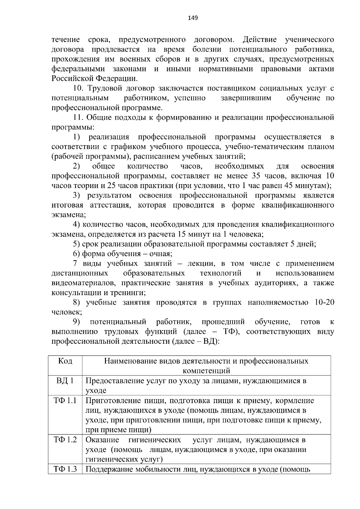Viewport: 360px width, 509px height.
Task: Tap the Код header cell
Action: point(65,361)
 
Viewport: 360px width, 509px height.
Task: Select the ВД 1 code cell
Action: point(65,381)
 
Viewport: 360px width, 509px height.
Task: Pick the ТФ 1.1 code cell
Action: point(65,401)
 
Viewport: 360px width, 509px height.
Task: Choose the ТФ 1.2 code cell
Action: point(65,440)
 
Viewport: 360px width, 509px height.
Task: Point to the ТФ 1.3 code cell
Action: point(65,469)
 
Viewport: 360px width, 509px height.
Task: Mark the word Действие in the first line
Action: point(260,40)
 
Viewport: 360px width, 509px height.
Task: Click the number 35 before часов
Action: point(256,176)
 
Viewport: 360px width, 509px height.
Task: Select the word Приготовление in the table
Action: point(108,401)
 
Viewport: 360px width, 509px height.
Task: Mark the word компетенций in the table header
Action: point(206,371)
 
